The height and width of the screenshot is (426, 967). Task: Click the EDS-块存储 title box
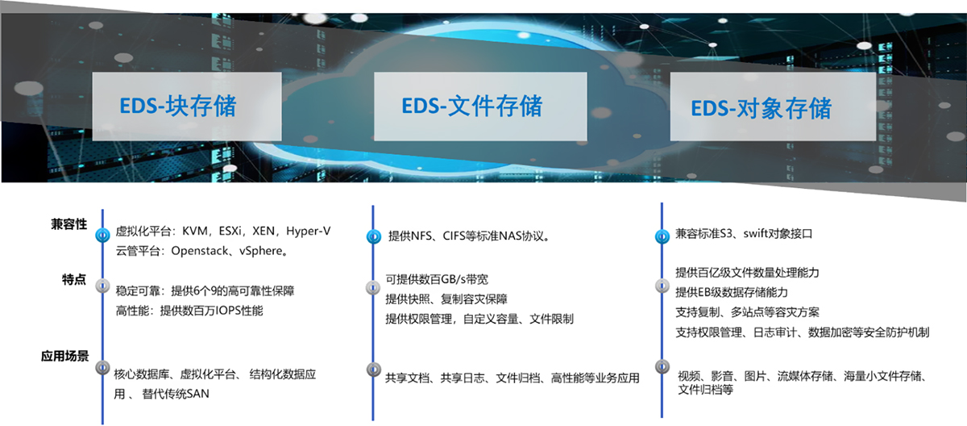click(x=187, y=106)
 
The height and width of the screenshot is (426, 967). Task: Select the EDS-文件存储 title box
click(x=480, y=106)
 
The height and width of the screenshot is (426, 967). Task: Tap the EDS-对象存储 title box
click(x=773, y=106)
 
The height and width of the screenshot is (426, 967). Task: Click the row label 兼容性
click(x=69, y=224)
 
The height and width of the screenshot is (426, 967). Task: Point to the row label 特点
click(x=74, y=279)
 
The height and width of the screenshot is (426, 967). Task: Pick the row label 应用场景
click(x=64, y=356)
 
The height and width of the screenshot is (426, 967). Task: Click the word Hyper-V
click(x=308, y=231)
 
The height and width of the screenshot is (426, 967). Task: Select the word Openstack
click(x=200, y=251)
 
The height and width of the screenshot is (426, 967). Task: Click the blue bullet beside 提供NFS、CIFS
click(x=374, y=236)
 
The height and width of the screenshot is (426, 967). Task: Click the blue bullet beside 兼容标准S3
click(x=662, y=236)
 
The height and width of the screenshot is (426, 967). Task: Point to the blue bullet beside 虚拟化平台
click(x=103, y=235)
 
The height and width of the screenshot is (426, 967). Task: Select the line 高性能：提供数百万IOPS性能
click(x=189, y=311)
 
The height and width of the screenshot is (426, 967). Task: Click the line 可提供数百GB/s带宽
click(x=437, y=279)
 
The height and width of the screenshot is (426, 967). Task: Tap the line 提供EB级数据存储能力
click(x=732, y=293)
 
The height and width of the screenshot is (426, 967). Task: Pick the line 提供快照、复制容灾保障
click(x=446, y=299)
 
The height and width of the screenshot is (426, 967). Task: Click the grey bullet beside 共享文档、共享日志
click(x=374, y=370)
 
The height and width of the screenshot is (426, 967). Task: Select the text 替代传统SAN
click(x=176, y=394)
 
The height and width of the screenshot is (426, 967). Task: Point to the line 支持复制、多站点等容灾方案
click(x=747, y=312)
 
